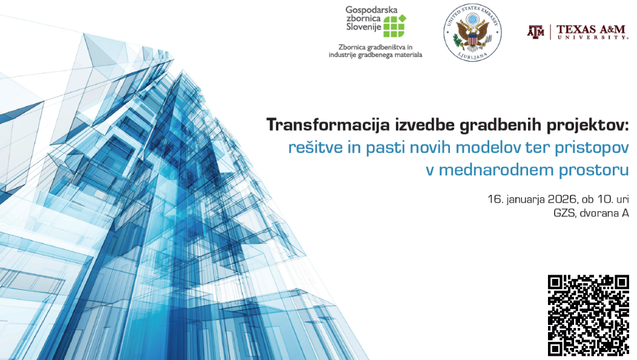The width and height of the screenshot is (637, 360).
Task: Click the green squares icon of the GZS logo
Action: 394,25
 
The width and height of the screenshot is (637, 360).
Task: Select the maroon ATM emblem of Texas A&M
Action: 536,31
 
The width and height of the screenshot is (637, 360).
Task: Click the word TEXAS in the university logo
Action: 575,29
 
